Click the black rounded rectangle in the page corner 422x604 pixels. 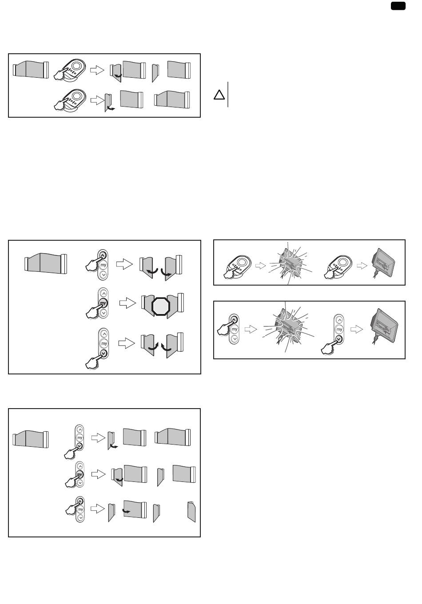(x=398, y=6)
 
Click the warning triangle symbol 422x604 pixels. (x=219, y=95)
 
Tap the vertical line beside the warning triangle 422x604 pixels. (x=228, y=94)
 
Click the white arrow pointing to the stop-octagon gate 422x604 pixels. (x=127, y=303)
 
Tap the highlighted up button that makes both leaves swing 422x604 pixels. (x=103, y=255)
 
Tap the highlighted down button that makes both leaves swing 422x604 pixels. (x=103, y=353)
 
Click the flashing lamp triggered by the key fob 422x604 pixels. (x=291, y=263)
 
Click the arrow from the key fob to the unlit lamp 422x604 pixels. (x=362, y=266)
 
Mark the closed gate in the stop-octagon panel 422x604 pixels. (x=46, y=263)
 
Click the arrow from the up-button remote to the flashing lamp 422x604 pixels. (x=251, y=329)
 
